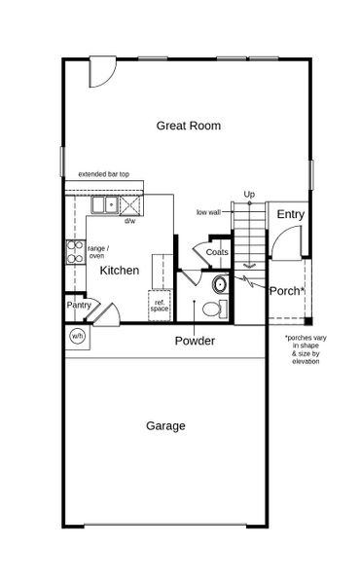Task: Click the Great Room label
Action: click(x=189, y=126)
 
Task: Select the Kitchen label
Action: click(x=119, y=270)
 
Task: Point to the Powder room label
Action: click(x=195, y=341)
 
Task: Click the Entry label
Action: click(x=291, y=214)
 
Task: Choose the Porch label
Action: click(x=286, y=291)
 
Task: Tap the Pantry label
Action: click(x=79, y=305)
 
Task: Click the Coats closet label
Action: click(x=218, y=253)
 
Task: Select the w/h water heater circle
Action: click(x=77, y=336)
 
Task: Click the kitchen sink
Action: click(x=106, y=204)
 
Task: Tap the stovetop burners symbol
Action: click(x=73, y=252)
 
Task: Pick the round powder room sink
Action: click(x=220, y=284)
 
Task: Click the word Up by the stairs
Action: click(x=249, y=196)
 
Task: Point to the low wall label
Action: click(x=208, y=211)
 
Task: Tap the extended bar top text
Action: click(x=111, y=175)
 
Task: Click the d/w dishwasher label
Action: click(x=129, y=221)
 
